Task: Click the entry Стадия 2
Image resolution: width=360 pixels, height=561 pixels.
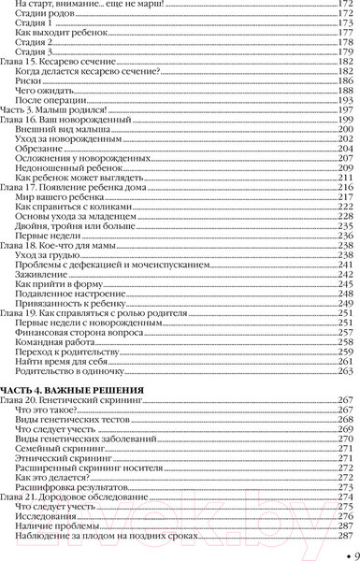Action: (36, 40)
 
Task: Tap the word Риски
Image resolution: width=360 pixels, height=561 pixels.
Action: (29, 79)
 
